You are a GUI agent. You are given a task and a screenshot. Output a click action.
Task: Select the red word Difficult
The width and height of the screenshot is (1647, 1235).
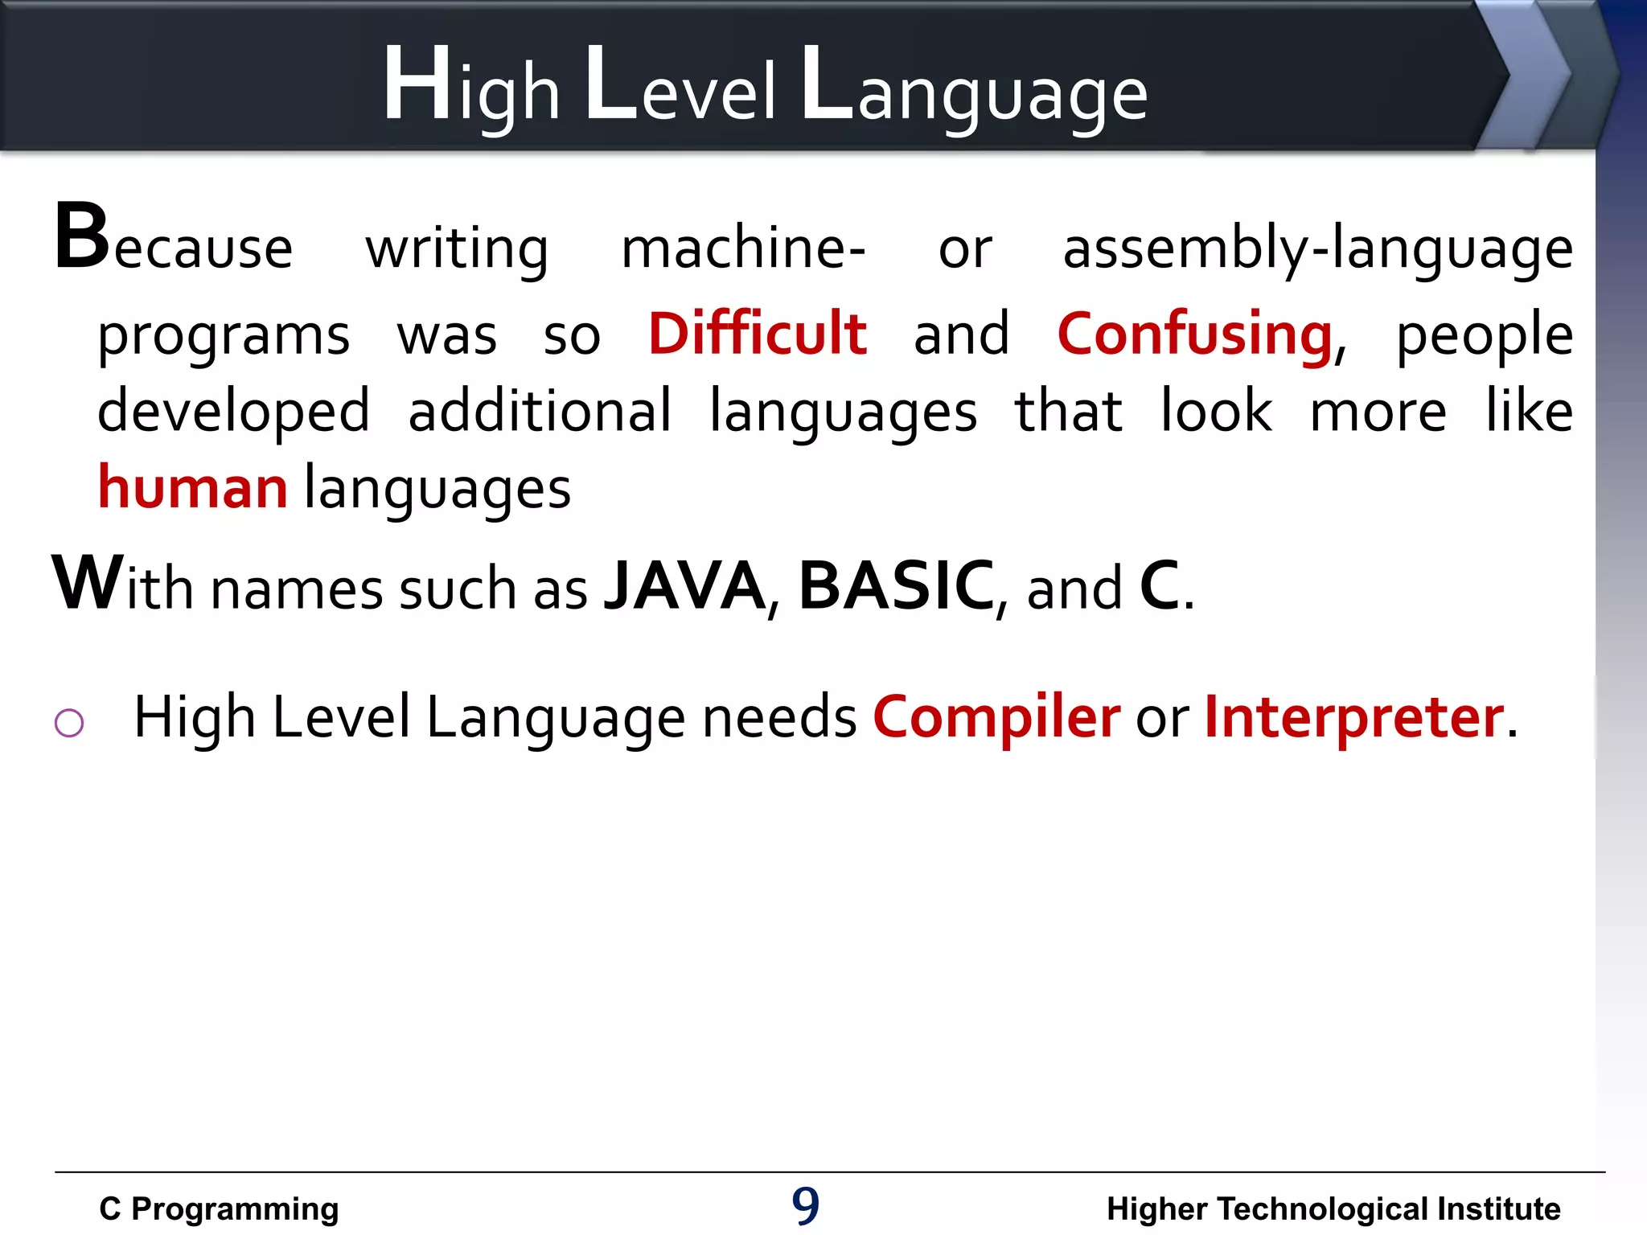tap(758, 333)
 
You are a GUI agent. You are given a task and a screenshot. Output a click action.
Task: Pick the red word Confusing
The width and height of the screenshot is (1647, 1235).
tap(1195, 334)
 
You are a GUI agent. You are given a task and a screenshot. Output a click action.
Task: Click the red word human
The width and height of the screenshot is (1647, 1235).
tap(192, 487)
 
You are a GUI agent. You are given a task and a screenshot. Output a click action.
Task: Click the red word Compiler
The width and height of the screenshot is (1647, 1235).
tap(996, 716)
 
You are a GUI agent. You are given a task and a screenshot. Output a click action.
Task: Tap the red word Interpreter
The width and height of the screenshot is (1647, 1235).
tap(1353, 716)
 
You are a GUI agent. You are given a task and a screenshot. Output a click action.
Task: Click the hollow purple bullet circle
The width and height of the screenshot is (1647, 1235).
tap(69, 722)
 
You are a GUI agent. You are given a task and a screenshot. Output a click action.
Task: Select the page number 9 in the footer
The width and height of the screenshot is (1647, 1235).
tap(805, 1206)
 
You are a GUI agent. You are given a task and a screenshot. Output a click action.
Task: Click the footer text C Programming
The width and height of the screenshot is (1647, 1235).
tap(219, 1208)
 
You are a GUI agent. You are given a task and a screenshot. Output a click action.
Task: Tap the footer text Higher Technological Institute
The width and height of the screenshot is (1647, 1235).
tap(1333, 1208)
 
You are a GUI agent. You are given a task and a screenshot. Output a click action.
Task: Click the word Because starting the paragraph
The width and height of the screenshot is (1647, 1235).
tap(173, 241)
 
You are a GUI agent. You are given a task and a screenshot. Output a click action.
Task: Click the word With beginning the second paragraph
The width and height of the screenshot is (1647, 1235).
tap(122, 585)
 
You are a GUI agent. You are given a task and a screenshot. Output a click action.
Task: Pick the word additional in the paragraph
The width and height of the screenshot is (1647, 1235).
tap(540, 411)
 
